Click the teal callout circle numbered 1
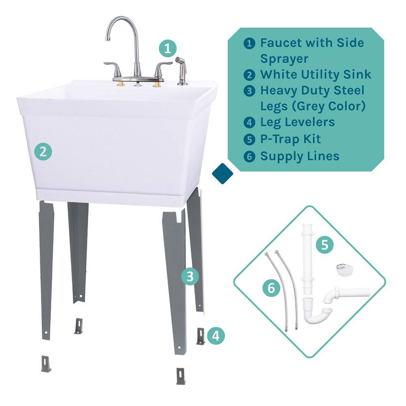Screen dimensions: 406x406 pos(168,48)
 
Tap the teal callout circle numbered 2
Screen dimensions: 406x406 pos(43,151)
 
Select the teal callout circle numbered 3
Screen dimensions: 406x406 pos(190,276)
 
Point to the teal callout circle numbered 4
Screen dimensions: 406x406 pos(216,336)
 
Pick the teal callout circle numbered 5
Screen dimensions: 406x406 pos(325,244)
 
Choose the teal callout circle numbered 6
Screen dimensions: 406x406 pos(271,288)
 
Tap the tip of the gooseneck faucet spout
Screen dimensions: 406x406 pos(108,39)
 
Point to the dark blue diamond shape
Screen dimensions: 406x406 pos(222,174)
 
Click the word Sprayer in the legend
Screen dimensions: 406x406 pos(284,59)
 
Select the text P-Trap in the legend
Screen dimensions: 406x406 pos(280,139)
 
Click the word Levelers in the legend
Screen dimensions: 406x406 pos(309,122)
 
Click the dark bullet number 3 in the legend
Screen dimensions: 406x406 pos(249,91)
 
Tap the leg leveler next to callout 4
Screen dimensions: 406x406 pos(201,336)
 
